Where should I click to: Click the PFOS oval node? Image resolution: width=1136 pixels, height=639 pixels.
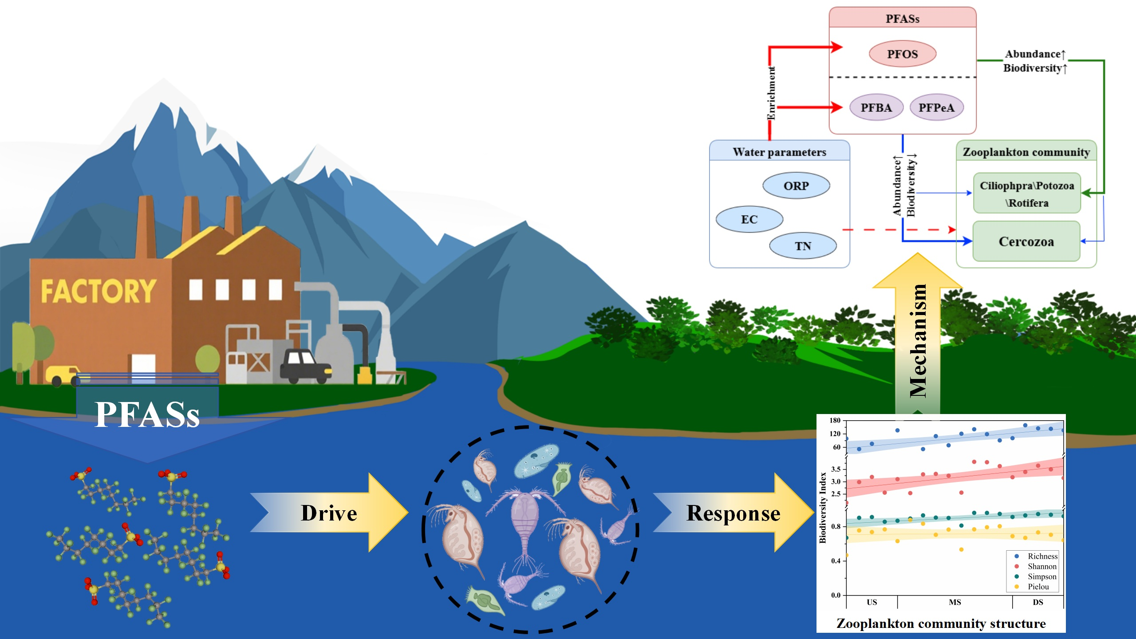(x=902, y=54)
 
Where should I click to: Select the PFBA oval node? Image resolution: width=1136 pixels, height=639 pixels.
(x=876, y=107)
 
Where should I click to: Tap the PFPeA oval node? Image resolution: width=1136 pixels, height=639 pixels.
(x=936, y=107)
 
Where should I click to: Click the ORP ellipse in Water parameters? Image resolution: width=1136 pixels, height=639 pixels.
(x=796, y=185)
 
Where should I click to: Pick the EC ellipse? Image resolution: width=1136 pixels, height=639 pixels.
(x=749, y=219)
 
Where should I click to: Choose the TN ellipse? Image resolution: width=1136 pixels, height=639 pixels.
(x=803, y=246)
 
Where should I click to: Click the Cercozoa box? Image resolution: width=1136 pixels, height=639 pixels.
(x=1026, y=241)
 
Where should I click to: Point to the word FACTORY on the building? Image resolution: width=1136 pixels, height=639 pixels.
(x=99, y=291)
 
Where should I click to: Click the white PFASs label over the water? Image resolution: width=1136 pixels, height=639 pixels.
(x=147, y=414)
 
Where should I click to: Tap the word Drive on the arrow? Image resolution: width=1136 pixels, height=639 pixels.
(x=329, y=513)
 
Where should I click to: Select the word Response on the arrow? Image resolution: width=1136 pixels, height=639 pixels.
(x=733, y=513)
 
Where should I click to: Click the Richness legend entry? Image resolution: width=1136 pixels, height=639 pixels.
(x=1042, y=556)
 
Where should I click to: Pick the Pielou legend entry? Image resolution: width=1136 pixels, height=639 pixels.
(x=1038, y=587)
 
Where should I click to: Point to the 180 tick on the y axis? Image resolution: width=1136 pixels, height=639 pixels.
(x=835, y=420)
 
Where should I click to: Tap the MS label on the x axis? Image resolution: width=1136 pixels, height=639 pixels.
(x=955, y=602)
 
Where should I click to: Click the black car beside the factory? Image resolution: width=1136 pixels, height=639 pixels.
(x=305, y=365)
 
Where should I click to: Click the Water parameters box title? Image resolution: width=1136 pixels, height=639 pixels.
(x=779, y=152)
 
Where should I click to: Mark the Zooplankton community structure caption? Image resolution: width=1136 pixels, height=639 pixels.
(x=941, y=623)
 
